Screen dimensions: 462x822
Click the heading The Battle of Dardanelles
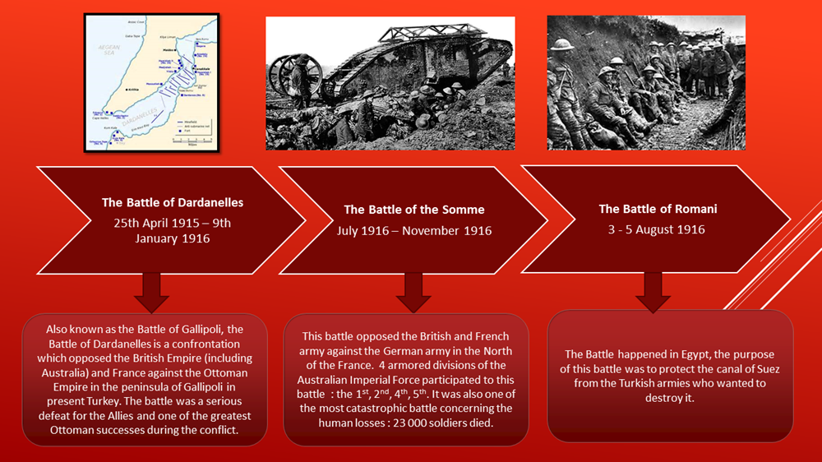pyautogui.click(x=173, y=202)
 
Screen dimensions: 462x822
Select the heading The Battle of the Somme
pyautogui.click(x=414, y=210)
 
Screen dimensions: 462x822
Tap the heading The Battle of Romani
pyautogui.click(x=656, y=209)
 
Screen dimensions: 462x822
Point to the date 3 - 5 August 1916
pyautogui.click(x=656, y=229)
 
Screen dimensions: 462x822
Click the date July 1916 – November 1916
pyautogui.click(x=414, y=231)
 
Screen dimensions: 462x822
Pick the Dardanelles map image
pyautogui.click(x=151, y=82)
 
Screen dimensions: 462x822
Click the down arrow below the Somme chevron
pyautogui.click(x=413, y=292)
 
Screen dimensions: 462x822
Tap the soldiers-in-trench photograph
pyautogui.click(x=646, y=82)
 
